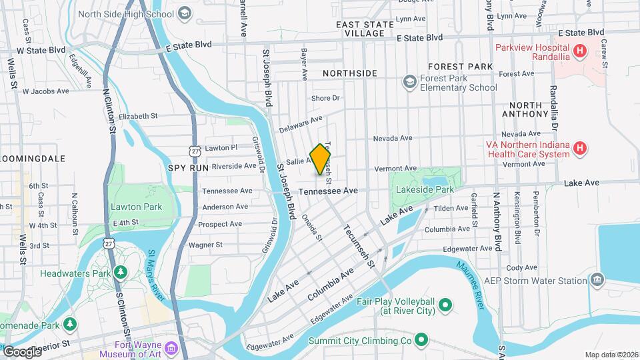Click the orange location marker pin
[321, 159]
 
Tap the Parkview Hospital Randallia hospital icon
[580, 50]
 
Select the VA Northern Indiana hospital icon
[580, 148]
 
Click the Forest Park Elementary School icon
[409, 81]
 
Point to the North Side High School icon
[183, 13]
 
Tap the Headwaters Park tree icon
[120, 273]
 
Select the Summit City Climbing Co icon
[421, 341]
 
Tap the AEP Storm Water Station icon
[597, 279]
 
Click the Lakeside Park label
[425, 190]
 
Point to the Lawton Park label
[136, 207]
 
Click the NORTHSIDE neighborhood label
[350, 73]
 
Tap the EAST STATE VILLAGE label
[365, 28]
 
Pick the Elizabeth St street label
[138, 115]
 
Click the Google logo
[21, 351]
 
